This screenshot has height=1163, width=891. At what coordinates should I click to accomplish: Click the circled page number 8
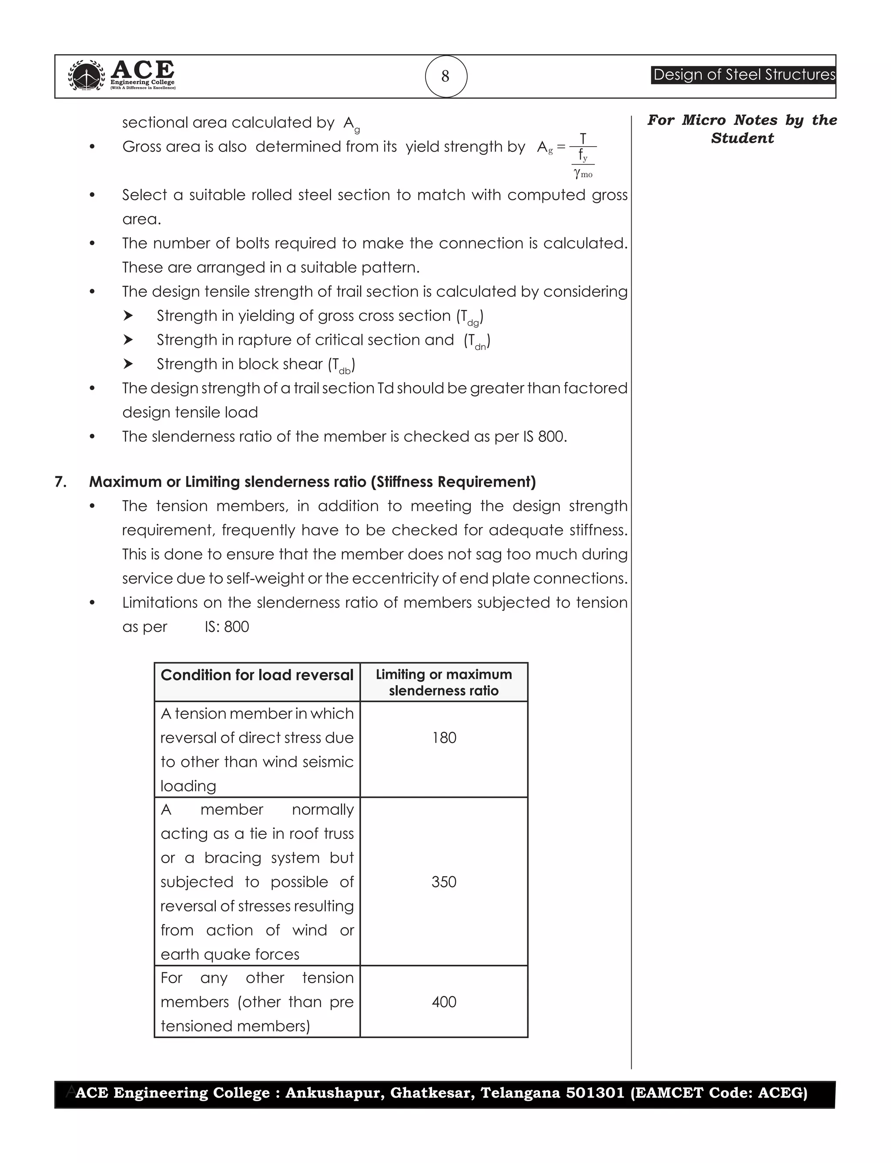click(x=445, y=77)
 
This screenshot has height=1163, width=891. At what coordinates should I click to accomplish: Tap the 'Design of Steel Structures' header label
click(x=743, y=75)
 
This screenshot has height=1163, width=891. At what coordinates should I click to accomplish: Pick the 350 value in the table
click(x=444, y=882)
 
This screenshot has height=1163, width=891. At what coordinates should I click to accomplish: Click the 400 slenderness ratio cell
click(x=444, y=1002)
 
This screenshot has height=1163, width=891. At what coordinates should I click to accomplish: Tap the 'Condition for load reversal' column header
click(x=257, y=675)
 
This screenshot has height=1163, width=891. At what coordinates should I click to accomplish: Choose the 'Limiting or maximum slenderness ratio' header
click(x=444, y=682)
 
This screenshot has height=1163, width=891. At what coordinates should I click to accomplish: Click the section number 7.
click(x=60, y=482)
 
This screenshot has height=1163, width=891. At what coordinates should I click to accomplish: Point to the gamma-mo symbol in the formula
click(x=583, y=174)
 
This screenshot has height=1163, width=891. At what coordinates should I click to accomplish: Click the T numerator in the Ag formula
click(x=583, y=139)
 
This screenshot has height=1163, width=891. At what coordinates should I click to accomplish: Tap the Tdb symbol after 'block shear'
click(x=342, y=366)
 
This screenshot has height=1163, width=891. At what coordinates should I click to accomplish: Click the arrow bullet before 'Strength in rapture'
click(x=128, y=339)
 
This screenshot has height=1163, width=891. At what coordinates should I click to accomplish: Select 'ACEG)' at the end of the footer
click(x=782, y=1093)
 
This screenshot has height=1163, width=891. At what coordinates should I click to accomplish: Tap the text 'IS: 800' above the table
click(x=227, y=627)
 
